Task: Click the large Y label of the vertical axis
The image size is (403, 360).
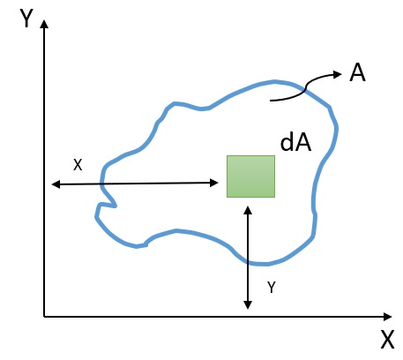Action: (x=26, y=19)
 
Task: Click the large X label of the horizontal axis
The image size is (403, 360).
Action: (x=387, y=340)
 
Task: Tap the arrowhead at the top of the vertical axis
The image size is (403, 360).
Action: (x=44, y=24)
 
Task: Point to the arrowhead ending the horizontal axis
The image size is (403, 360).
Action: (x=388, y=317)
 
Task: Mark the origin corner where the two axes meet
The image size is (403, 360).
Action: (x=44, y=317)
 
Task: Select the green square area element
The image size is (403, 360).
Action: (x=250, y=176)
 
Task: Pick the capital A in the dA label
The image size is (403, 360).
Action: (x=302, y=143)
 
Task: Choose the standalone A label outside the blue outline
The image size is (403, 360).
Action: (x=357, y=73)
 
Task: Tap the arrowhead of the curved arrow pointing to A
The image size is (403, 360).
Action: (x=338, y=74)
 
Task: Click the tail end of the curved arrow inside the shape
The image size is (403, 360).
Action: (x=271, y=101)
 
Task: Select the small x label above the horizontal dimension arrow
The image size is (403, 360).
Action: (x=78, y=165)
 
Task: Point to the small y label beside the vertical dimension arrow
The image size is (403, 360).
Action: (x=272, y=287)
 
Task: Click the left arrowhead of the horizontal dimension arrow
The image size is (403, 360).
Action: (x=56, y=184)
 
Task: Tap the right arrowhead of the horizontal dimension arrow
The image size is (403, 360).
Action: (x=214, y=183)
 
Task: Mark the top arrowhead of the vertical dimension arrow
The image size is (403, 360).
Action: (x=248, y=210)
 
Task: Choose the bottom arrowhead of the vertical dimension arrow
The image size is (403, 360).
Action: (x=248, y=305)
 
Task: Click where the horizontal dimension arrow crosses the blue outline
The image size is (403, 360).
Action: (x=101, y=184)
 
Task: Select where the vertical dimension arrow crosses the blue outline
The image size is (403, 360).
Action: (x=248, y=262)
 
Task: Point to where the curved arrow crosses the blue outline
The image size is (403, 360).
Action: (x=305, y=90)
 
